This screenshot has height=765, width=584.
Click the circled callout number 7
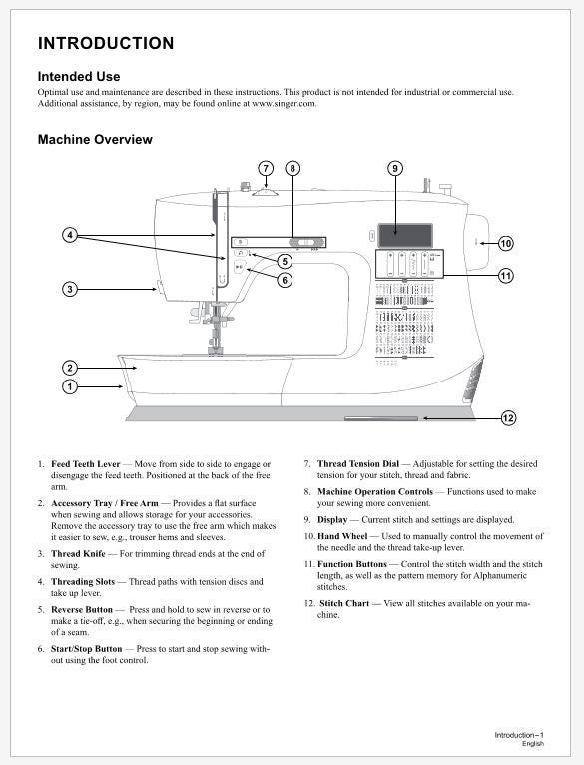[x=266, y=169]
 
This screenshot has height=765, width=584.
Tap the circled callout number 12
[x=508, y=418]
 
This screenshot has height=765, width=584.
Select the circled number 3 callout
[x=70, y=289]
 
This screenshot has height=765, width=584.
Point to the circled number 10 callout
[x=506, y=243]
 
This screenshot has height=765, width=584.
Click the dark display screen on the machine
[x=405, y=235]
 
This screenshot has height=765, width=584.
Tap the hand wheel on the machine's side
[x=476, y=242]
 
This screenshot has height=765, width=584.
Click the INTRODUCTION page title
[x=106, y=43]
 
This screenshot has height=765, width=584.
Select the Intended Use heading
[x=79, y=76]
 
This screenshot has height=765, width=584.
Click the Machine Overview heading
[x=95, y=139]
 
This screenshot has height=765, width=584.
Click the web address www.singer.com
[x=284, y=103]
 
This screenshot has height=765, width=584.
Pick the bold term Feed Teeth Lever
[x=86, y=464]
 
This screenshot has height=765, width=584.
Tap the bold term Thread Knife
[x=78, y=553]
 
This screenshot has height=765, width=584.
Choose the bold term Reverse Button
[x=82, y=609]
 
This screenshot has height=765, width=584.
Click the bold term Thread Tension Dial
[x=358, y=464]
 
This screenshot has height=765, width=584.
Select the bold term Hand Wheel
[x=342, y=536]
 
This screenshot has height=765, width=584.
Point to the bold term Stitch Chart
[x=344, y=603]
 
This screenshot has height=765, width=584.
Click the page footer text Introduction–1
[x=519, y=735]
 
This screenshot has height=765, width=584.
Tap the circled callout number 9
[x=395, y=169]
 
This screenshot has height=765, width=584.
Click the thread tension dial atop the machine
[x=265, y=192]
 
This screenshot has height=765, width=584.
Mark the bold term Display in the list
[x=332, y=520]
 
